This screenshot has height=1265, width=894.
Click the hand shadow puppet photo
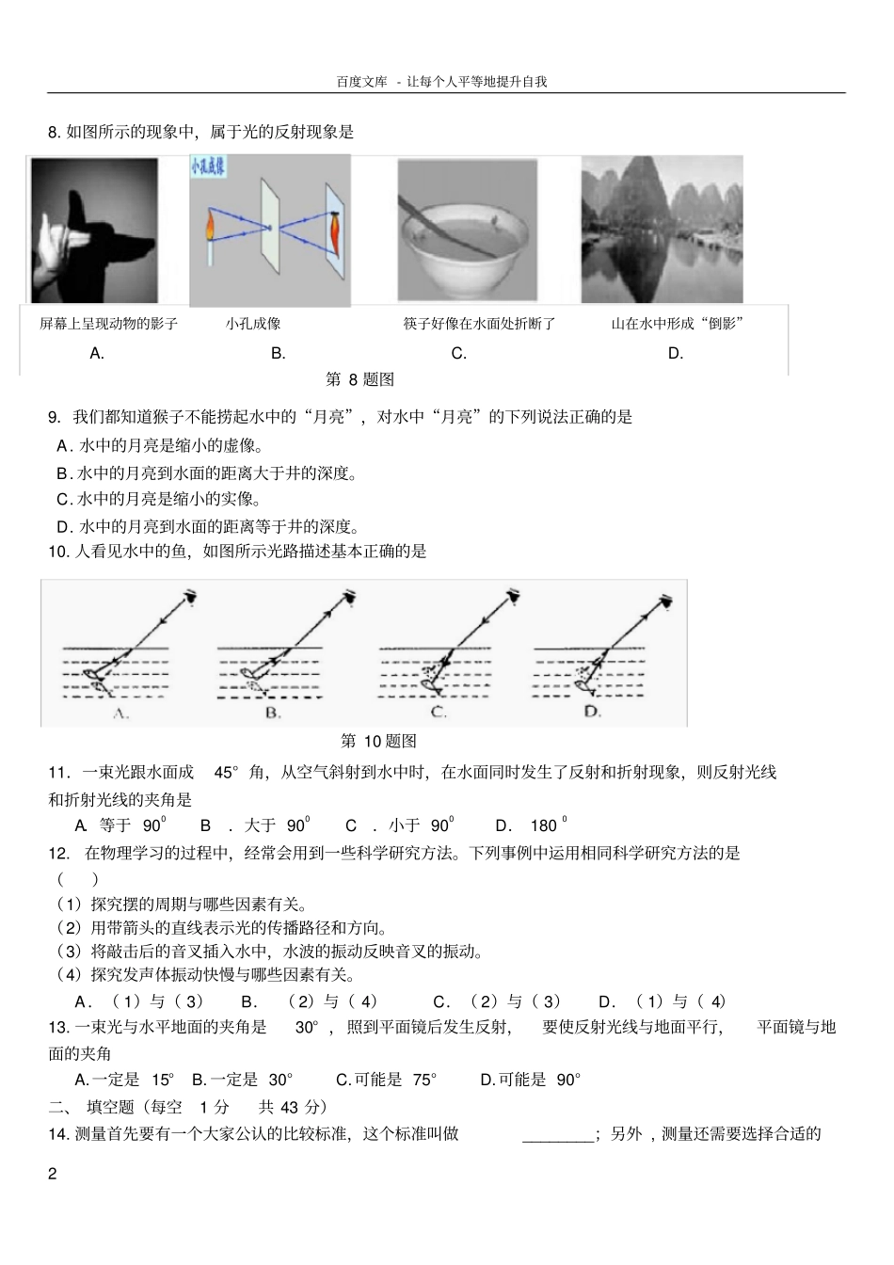94,231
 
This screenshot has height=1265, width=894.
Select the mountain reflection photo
662,231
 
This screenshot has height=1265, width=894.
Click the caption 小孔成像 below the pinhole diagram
253,324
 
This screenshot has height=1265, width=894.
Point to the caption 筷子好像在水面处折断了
479,324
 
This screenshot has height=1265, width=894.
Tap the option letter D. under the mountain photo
675,354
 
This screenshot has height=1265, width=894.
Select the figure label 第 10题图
378,741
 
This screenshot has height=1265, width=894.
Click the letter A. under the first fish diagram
120,713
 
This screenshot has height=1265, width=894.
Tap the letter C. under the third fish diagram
438,713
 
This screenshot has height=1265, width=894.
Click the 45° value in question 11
227,773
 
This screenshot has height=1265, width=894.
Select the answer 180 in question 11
545,825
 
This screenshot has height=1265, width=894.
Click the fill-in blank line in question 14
557,1135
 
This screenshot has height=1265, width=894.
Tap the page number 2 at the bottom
53,1174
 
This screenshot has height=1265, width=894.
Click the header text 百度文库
361,82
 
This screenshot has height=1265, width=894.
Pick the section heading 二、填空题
89,1107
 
